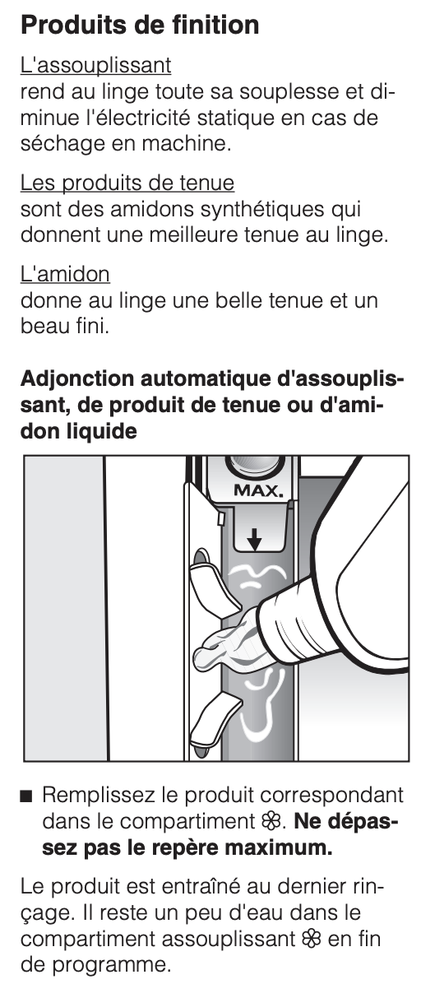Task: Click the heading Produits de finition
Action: point(139,26)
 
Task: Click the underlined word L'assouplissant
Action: point(95,65)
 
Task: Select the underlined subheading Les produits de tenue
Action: point(127,183)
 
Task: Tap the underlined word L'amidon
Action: point(65,274)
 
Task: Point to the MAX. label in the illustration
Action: point(258,490)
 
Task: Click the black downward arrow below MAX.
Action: point(254,539)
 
